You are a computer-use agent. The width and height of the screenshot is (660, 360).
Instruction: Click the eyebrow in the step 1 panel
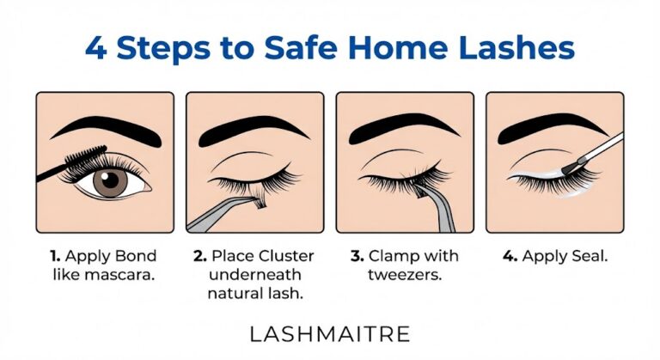(105, 128)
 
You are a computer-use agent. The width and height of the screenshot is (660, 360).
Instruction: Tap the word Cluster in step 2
(287, 256)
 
